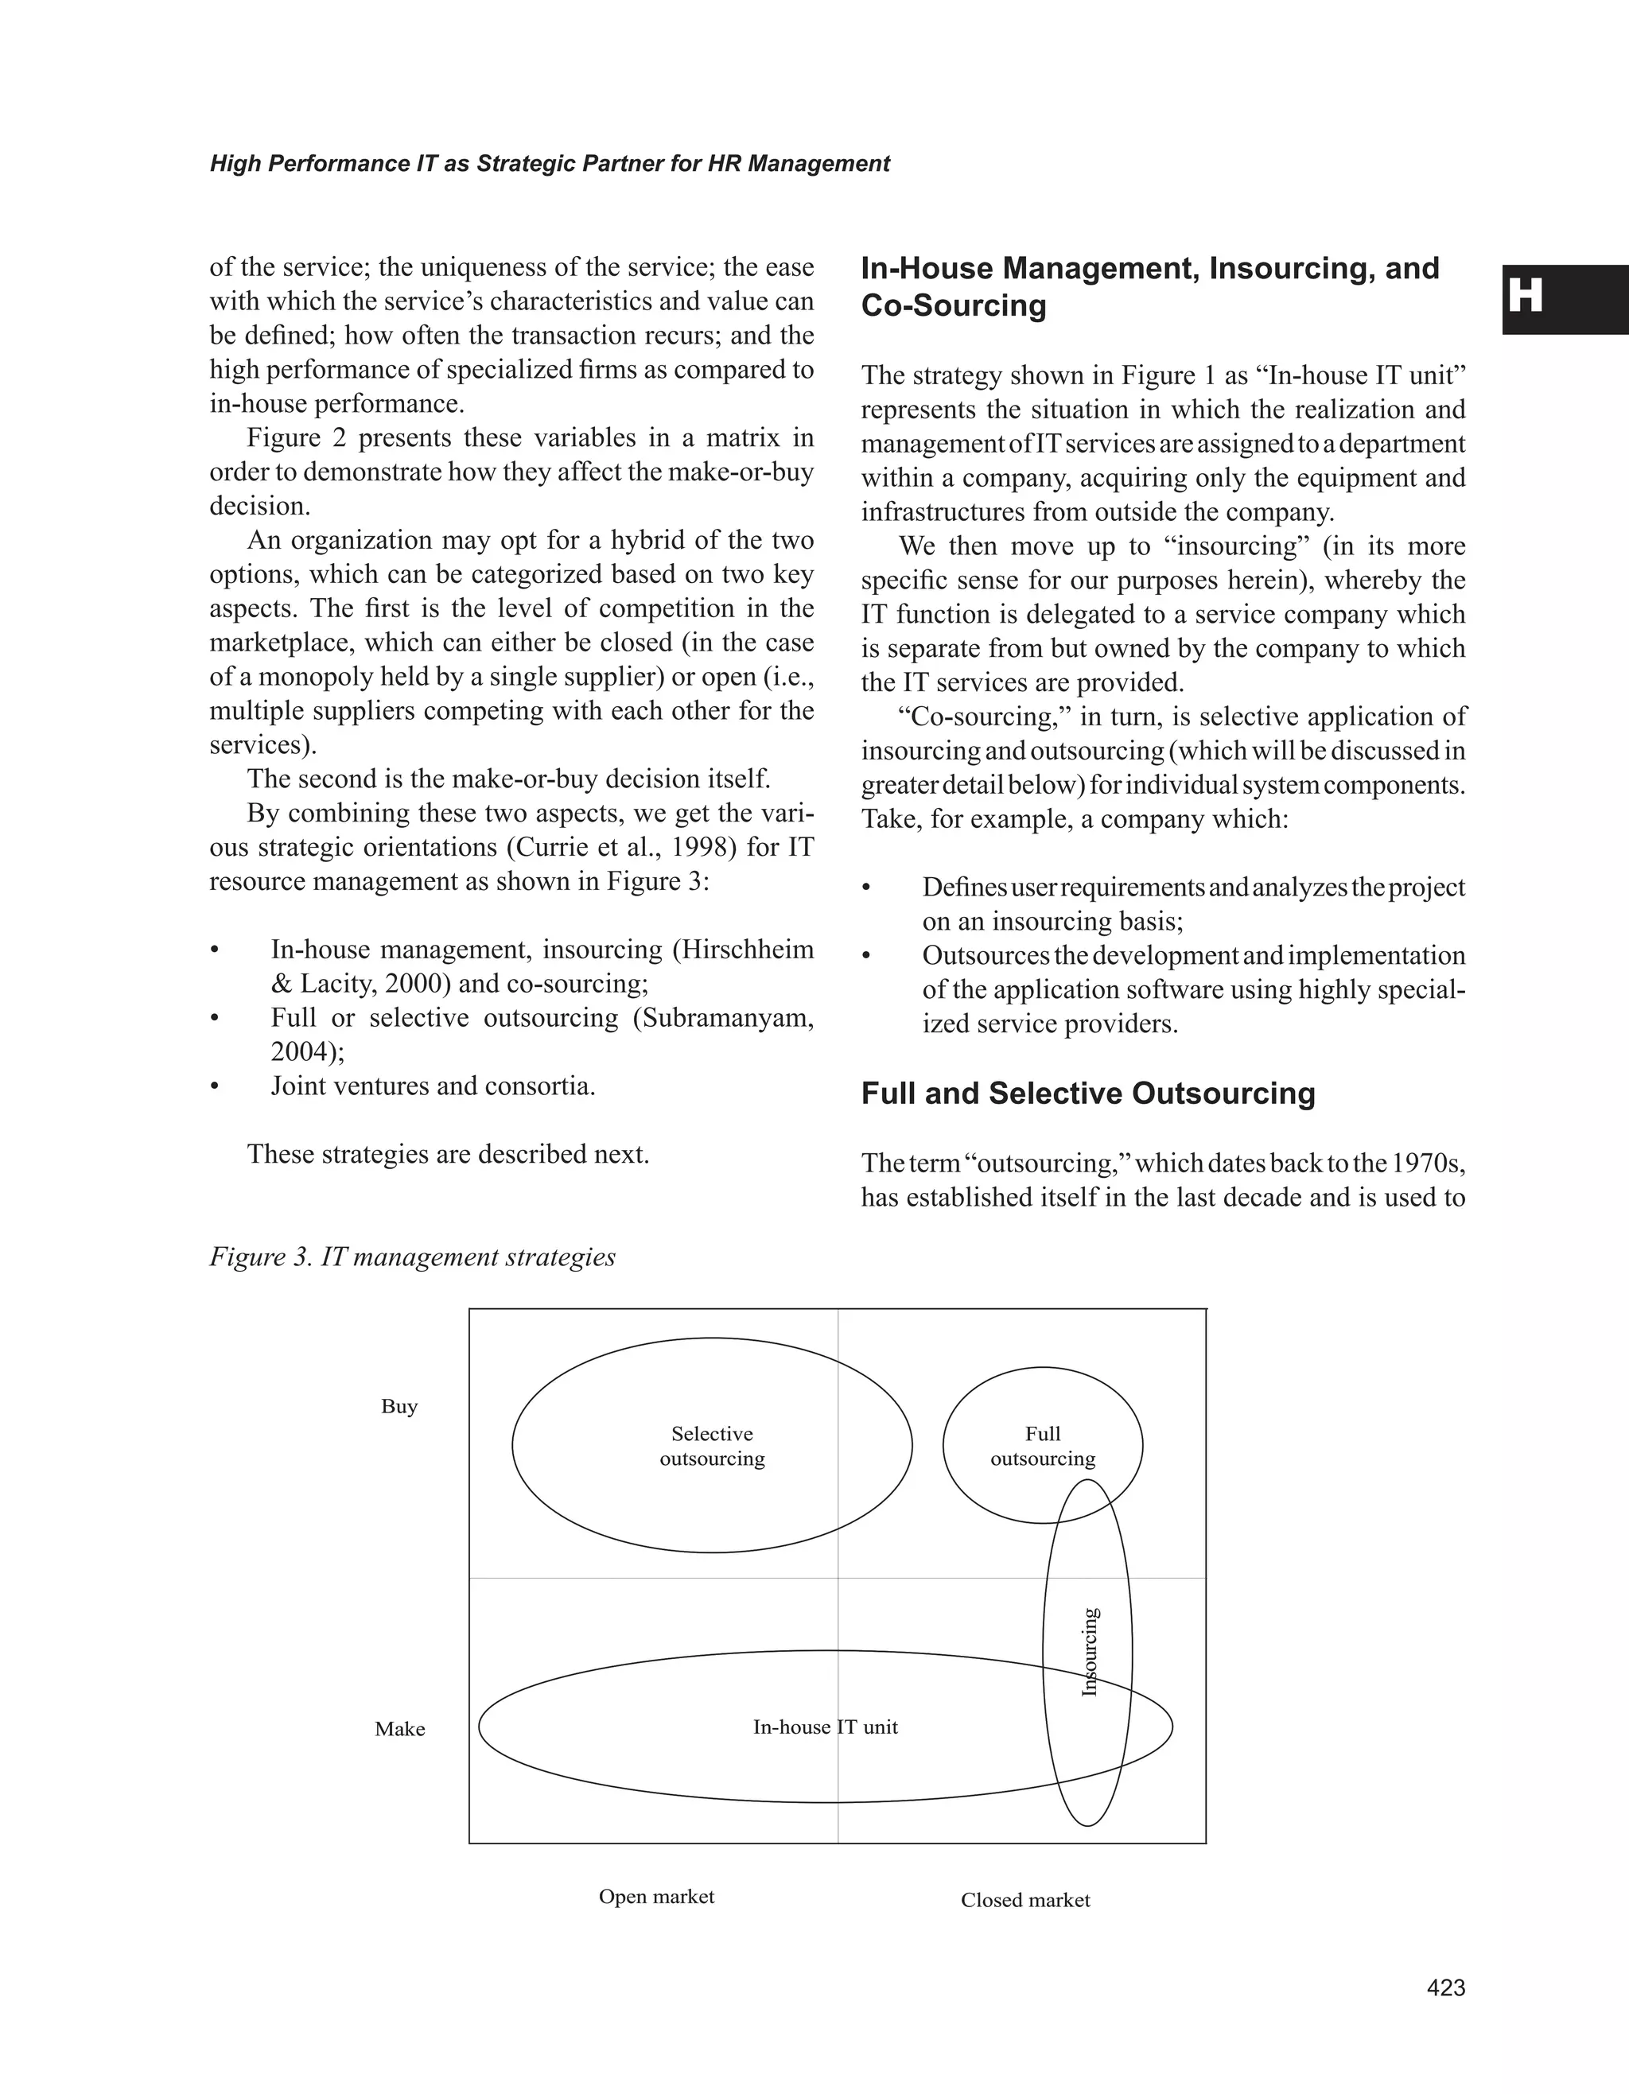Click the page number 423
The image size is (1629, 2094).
[x=1446, y=1988]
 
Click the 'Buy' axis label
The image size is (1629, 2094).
[x=399, y=1407]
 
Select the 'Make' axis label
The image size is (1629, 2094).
[x=400, y=1729]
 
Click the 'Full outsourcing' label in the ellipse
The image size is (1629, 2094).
[x=1042, y=1446]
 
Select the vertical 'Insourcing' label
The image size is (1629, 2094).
[x=1089, y=1651]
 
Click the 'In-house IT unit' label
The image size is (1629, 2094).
[x=826, y=1727]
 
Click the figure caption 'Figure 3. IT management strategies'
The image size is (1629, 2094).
[x=412, y=1257]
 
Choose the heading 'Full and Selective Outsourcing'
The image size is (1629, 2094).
[x=1087, y=1094]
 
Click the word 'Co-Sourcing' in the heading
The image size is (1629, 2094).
[x=953, y=306]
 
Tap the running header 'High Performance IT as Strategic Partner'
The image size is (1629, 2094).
[x=550, y=164]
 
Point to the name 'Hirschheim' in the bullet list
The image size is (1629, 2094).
[x=742, y=950]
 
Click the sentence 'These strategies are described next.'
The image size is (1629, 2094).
[x=448, y=1155]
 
